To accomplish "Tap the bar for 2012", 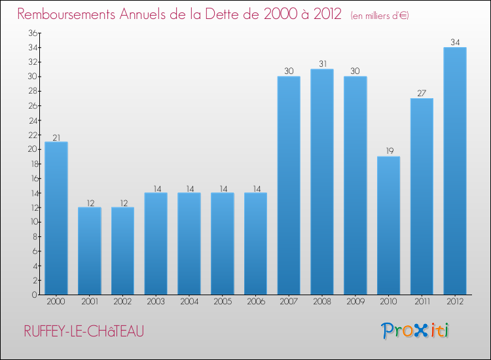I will [455, 171].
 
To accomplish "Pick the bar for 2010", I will [388, 225].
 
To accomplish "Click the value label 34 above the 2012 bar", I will [455, 43].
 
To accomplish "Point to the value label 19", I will [388, 151].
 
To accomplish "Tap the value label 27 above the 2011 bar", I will [422, 93].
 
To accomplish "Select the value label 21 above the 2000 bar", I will [56, 137].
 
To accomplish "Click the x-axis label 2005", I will [223, 302].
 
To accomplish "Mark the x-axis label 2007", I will [289, 302].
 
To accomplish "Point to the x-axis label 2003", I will [156, 302].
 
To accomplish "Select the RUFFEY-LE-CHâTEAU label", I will [84, 331].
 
